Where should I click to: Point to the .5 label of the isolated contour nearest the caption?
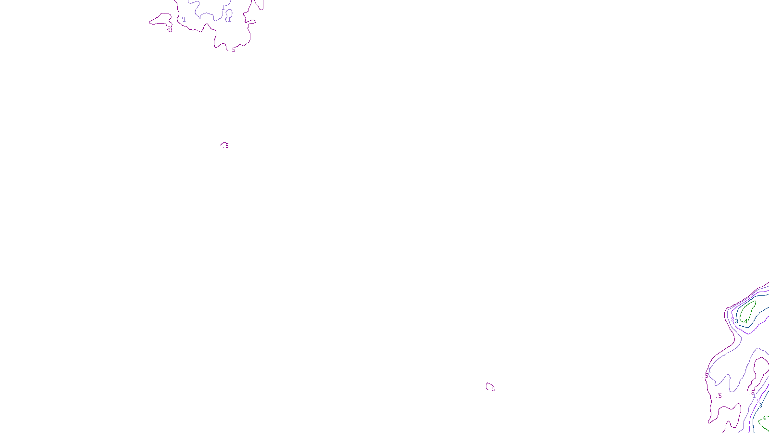pyautogui.click(x=493, y=389)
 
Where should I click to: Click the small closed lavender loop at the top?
pyautogui.click(x=229, y=13)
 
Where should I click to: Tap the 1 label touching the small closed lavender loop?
pyautogui.click(x=229, y=20)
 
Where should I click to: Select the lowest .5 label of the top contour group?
pyautogui.click(x=234, y=50)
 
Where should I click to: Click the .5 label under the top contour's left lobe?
pyautogui.click(x=169, y=29)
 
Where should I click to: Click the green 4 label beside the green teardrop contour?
pyautogui.click(x=746, y=321)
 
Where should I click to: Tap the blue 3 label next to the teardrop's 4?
pyautogui.click(x=737, y=321)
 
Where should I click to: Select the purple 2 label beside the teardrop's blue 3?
pyautogui.click(x=732, y=319)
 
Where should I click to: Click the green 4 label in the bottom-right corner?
pyautogui.click(x=764, y=418)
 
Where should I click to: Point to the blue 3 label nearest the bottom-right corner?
pyautogui.click(x=760, y=406)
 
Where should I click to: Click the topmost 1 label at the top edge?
pyautogui.click(x=223, y=8)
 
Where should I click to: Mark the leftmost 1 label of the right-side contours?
pyautogui.click(x=709, y=370)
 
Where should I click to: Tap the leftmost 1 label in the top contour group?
pyautogui.click(x=184, y=20)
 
